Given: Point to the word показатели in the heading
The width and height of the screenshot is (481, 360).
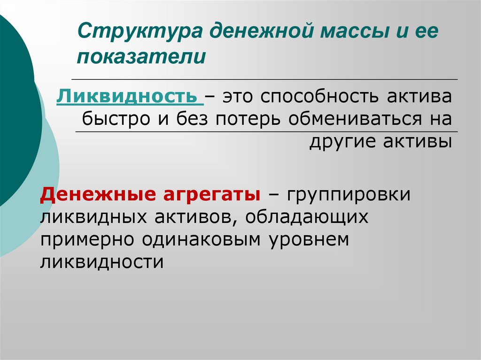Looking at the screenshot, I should tap(142, 57).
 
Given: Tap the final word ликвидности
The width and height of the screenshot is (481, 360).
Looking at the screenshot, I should tap(102, 261).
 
